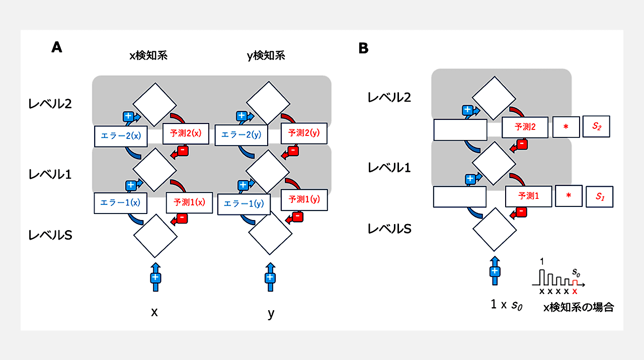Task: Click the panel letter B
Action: (363, 48)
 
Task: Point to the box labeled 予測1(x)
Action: (190, 202)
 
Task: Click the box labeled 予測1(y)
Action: (304, 199)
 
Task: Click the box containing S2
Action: (596, 127)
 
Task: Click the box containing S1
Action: (599, 196)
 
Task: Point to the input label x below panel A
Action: (154, 312)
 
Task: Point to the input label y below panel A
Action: (271, 314)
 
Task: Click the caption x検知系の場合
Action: (579, 307)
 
